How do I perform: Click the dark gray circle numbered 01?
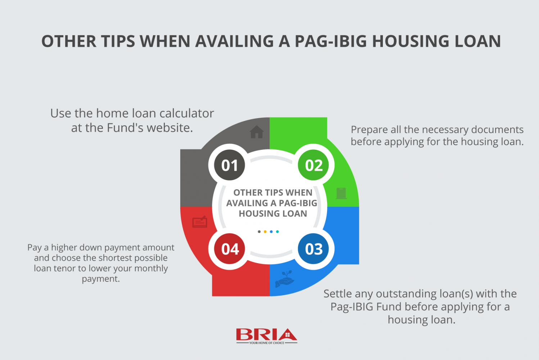click(230, 165)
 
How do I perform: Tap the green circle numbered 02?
click(313, 165)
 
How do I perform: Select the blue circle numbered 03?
click(313, 249)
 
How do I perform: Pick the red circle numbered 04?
click(230, 249)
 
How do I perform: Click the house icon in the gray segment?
click(257, 132)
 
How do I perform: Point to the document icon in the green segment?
click(341, 193)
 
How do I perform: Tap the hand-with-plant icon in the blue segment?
click(285, 279)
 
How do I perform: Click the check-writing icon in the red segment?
click(200, 221)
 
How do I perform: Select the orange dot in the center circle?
click(265, 231)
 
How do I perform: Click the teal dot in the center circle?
click(277, 231)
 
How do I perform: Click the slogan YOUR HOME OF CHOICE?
click(267, 343)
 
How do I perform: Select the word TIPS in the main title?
click(118, 41)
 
